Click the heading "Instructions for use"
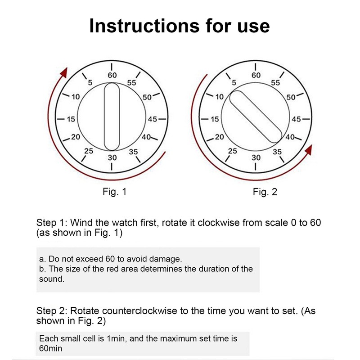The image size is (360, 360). pos(180,26)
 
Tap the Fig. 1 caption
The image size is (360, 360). pos(115,192)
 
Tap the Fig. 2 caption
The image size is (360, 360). pos(265,192)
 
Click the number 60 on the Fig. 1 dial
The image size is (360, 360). pos(112,76)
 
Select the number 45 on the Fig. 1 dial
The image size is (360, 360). pos(152,119)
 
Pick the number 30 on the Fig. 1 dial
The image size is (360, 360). pos(112,157)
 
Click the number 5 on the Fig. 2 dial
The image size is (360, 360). pos(234,82)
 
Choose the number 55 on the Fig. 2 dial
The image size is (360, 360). pos(275,83)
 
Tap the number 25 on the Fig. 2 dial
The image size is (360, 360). pos(232,152)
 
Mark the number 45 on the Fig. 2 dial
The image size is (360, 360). pos(296,119)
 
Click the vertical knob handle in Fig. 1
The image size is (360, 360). pos(112,117)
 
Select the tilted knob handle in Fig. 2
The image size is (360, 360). pos(256,116)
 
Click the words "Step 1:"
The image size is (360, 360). pos(51,223)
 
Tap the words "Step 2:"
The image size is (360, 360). pos(51,311)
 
